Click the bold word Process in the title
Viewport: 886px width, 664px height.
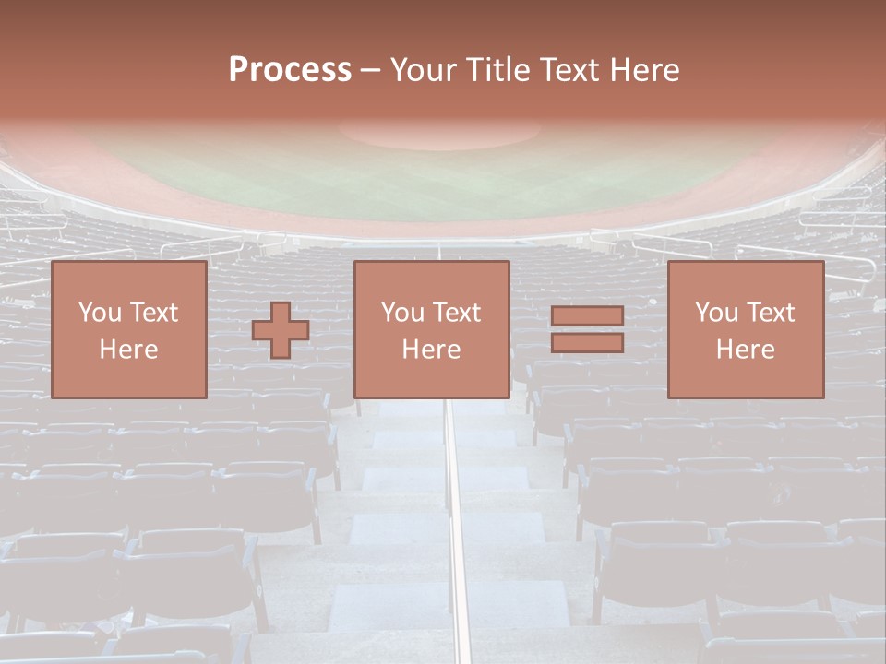click(x=290, y=69)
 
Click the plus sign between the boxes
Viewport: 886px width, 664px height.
click(x=281, y=329)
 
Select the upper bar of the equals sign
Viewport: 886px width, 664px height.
click(x=587, y=316)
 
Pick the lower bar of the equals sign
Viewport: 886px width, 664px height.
click(x=587, y=343)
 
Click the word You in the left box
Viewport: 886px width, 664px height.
click(x=99, y=313)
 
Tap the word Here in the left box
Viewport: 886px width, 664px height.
click(x=128, y=350)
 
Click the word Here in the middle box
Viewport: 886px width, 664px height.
click(x=431, y=350)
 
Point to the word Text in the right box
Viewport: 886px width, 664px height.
click(x=771, y=313)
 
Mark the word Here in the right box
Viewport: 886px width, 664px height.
click(x=745, y=350)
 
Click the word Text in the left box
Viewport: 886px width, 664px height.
click(x=154, y=313)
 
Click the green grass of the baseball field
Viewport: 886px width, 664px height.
click(x=443, y=180)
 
